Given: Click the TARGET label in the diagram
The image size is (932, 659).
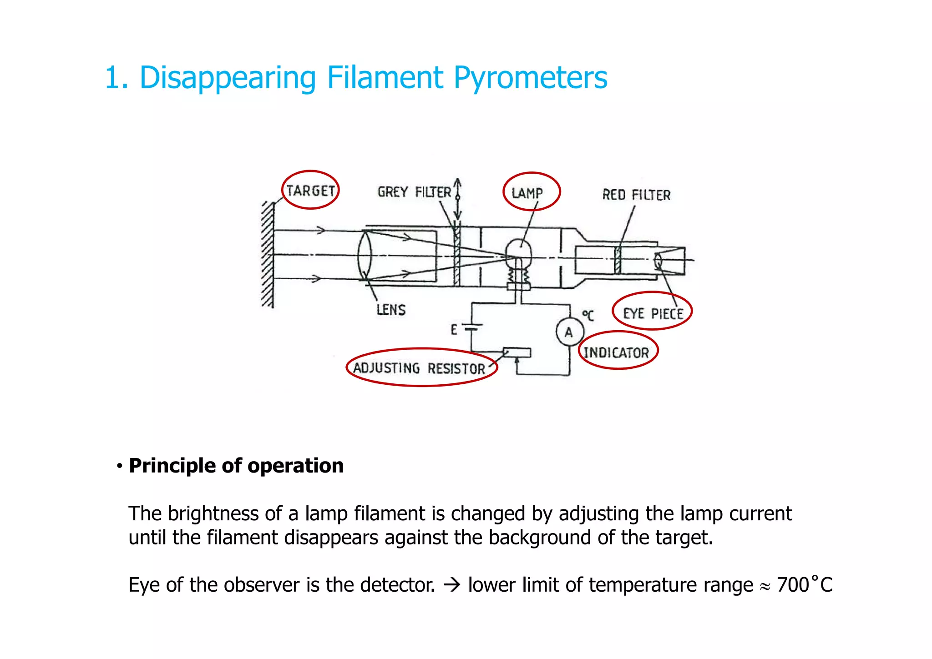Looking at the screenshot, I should [310, 191].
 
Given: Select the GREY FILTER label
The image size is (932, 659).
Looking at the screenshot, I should [414, 192].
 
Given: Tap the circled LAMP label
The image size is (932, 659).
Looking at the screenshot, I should [527, 193].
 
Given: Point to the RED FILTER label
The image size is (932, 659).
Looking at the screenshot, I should [636, 195].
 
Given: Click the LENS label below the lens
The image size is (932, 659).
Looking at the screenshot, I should [391, 310].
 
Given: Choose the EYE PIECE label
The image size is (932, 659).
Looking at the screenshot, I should [653, 313].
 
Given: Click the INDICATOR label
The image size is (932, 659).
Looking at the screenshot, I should [616, 352].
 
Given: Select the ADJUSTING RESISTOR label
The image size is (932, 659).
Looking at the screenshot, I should [419, 368].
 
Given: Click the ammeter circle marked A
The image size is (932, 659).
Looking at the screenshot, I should [569, 332].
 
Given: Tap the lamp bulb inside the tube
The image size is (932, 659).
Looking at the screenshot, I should [518, 252].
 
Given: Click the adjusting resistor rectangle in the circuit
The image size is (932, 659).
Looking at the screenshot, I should [517, 352].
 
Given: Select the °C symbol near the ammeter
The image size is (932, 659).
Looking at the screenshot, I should [588, 315].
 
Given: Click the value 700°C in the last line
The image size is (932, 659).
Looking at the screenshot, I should [804, 585].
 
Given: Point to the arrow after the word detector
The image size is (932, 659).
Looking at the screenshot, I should [451, 585].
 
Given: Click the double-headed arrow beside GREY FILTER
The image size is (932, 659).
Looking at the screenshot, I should [458, 199].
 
